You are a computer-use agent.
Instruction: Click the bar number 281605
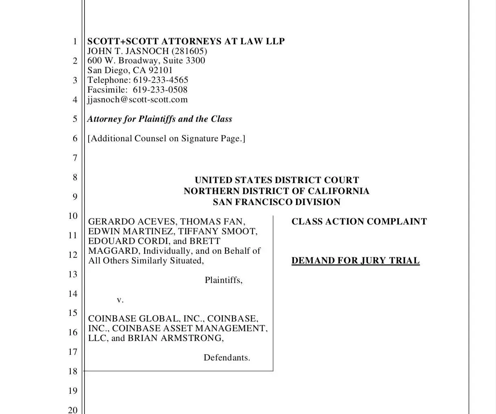[x=189, y=51]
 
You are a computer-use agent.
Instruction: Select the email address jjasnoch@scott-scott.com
[x=137, y=100]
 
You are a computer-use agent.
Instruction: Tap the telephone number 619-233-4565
[x=161, y=80]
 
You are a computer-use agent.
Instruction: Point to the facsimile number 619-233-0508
[x=160, y=90]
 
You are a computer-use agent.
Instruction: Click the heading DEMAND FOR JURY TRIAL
[x=355, y=261]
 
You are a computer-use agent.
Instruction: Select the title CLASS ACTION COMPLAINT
[x=359, y=222]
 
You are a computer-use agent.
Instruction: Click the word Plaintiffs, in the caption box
[x=224, y=280]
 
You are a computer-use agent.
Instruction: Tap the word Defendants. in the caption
[x=227, y=358]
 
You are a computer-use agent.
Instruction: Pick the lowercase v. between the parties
[x=120, y=300]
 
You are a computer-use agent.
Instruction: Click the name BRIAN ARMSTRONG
[x=175, y=338]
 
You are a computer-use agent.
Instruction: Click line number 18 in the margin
[x=72, y=371]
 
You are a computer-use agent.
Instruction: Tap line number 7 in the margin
[x=75, y=158]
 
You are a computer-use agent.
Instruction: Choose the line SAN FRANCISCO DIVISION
[x=276, y=202]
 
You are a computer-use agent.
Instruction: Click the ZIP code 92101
[x=160, y=70]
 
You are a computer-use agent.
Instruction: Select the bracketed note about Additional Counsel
[x=166, y=138]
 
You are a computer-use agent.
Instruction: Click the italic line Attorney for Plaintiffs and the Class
[x=159, y=119]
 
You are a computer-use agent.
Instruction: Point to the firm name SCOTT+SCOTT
[x=122, y=41]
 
